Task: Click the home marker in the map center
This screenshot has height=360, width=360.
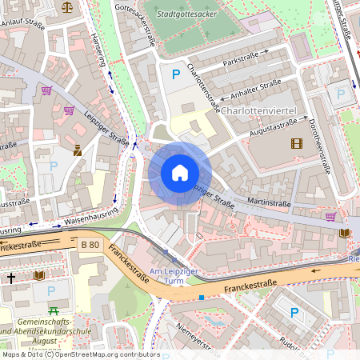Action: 180,173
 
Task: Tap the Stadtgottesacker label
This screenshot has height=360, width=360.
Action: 188,14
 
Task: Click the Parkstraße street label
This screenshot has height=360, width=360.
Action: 242,59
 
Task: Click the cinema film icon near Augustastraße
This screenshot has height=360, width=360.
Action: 298,144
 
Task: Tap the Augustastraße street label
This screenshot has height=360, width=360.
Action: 278,126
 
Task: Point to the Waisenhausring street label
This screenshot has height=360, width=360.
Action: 91,216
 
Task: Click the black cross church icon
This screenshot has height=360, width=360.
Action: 11,278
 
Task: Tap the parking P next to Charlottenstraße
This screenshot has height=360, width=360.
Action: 176,74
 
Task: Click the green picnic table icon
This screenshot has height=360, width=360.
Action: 54,310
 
